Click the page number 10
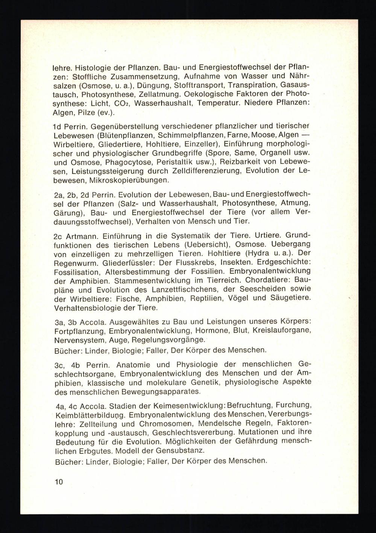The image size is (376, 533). pyautogui.click(x=59, y=481)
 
